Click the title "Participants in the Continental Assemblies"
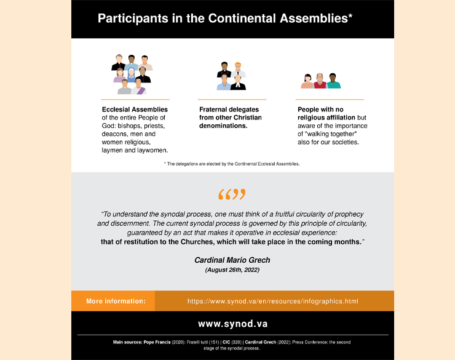point(225,18)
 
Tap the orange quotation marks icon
point(232,195)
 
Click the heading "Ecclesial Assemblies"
point(135,110)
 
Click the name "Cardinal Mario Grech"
point(232,260)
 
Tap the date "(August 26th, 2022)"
point(232,270)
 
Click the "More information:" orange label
point(116,302)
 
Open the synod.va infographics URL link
point(272,302)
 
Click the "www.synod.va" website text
point(232,323)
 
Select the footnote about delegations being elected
point(232,164)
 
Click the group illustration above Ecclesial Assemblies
point(132,74)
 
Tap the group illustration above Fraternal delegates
point(231,76)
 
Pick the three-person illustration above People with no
point(320,81)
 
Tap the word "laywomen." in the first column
point(152,150)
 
